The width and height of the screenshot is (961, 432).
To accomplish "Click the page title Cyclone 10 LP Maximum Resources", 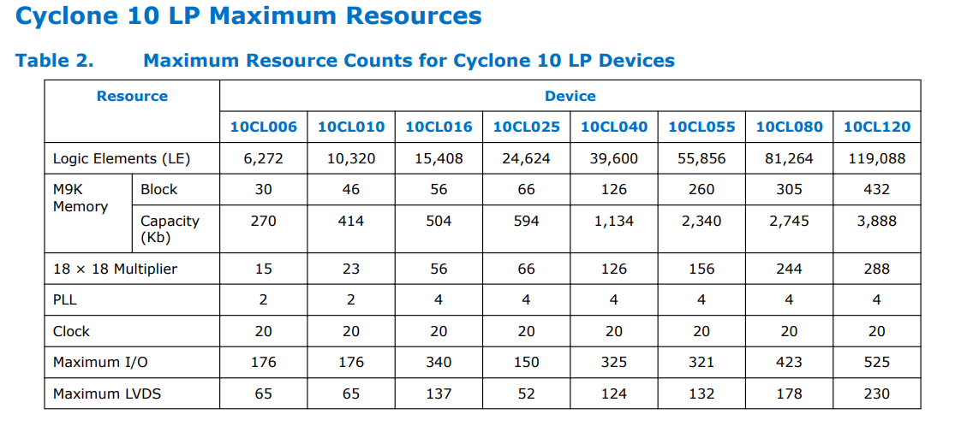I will pos(248,16).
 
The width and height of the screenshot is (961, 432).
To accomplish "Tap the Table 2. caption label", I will pos(54,61).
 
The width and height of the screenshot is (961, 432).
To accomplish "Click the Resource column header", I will pos(132,96).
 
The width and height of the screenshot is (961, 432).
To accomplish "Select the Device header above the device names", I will pos(570,96).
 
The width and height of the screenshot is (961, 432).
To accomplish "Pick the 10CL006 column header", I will pos(263,127).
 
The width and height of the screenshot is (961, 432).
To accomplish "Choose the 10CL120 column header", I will pos(876,127).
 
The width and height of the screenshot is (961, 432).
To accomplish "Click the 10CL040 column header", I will pos(613,127).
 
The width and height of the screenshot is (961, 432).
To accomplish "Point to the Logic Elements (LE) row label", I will pos(122,158).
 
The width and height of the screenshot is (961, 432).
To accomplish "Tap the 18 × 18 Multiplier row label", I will pos(115,269).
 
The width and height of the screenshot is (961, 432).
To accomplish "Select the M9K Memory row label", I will pos(81,198).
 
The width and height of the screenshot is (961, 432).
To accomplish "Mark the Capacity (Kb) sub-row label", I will pos(170,228).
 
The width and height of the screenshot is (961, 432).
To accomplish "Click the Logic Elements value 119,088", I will pos(876,158).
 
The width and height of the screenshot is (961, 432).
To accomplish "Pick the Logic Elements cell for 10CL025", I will pos(526,158).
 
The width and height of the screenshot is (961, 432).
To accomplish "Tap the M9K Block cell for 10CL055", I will pos(701,189).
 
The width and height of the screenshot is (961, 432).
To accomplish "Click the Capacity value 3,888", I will pos(876,221).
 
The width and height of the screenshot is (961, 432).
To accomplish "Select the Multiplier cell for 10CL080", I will pos(789,269).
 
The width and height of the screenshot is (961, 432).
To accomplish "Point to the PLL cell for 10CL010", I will pos(351,299).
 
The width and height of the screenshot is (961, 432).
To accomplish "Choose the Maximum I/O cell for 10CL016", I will pos(439,362).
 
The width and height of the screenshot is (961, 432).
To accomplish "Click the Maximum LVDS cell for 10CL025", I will pos(526,394).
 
